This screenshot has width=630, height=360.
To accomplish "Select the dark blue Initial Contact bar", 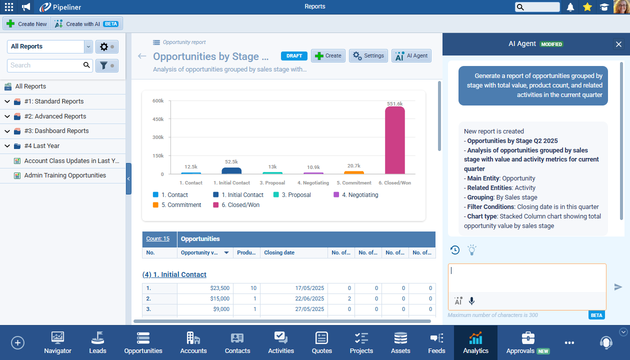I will pos(231,171).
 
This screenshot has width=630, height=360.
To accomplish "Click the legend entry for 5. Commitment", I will pos(180,205).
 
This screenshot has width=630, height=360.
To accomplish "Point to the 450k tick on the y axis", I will pos(158,119).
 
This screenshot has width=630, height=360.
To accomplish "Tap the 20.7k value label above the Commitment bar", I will pos(353,165).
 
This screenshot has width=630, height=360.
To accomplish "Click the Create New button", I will pos(27,24).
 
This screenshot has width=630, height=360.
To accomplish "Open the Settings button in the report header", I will pos(368,56).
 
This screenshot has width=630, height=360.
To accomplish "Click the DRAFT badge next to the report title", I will pos(294,56).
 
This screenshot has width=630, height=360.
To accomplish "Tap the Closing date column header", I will pos(279,252).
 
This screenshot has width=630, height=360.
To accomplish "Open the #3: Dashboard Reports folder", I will pos(56,131).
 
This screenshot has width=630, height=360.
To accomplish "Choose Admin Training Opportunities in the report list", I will pos(65,175).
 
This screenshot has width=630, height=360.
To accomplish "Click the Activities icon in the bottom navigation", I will pos(281,342).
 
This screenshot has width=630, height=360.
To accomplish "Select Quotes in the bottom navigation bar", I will pos(321,342).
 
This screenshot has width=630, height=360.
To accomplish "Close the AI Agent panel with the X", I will pos(618,44).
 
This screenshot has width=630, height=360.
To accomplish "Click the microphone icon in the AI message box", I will pos(471,301).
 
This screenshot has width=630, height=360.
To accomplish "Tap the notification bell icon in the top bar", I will pos(570,7).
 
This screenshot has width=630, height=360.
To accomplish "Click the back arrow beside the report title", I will pos(142,56).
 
